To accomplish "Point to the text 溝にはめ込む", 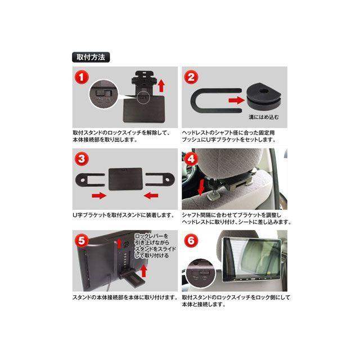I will (x=263, y=118).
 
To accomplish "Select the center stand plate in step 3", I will (x=124, y=178).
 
